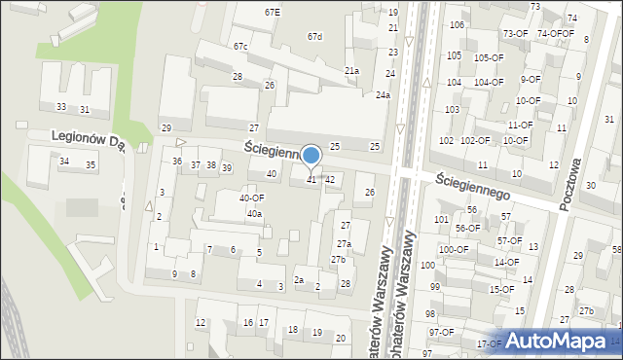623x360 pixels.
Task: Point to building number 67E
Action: (273, 12)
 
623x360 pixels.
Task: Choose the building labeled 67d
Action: (313, 37)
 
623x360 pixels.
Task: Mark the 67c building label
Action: (239, 47)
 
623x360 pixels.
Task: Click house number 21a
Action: (351, 71)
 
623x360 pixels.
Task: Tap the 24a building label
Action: (383, 94)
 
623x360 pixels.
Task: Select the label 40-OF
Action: (252, 198)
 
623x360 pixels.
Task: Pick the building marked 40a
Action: (254, 213)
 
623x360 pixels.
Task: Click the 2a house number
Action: (300, 280)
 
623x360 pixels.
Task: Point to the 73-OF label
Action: (515, 34)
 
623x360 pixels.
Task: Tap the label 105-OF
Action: (489, 57)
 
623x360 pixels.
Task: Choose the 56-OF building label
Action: (468, 228)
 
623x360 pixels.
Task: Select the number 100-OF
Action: (453, 249)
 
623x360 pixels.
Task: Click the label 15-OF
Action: (501, 289)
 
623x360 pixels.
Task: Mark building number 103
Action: (452, 109)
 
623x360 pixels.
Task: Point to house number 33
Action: (61, 106)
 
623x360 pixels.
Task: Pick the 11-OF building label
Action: (520, 125)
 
